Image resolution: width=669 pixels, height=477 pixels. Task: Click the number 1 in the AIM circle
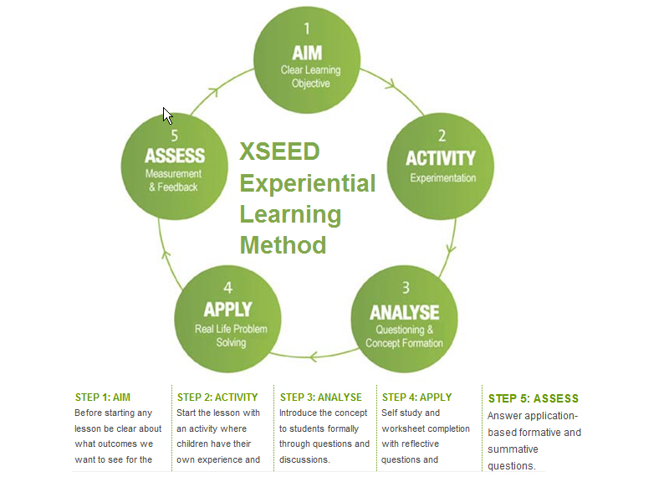[x=307, y=28]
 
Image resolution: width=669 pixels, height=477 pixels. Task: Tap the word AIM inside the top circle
[x=307, y=54]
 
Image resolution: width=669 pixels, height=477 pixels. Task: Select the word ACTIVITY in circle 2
[x=441, y=158]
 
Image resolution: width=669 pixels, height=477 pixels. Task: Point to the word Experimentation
[x=443, y=178]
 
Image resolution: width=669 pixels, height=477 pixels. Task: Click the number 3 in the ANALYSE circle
[x=406, y=288]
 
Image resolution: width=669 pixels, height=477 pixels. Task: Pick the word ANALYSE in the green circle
[x=405, y=312]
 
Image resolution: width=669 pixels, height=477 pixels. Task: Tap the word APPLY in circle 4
[x=227, y=310]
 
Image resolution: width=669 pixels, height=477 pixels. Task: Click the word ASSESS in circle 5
[x=175, y=156]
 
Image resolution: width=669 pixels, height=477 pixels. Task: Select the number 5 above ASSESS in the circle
[x=175, y=136]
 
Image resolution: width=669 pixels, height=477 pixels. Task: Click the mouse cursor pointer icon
[x=167, y=115]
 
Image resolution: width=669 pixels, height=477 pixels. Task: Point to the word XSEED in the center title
[x=279, y=151]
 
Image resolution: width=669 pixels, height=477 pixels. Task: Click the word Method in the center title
[x=283, y=244]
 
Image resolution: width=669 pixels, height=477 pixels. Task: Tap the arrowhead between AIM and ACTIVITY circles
[x=391, y=85]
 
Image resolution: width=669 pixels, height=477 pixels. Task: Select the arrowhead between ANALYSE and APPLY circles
[x=314, y=356]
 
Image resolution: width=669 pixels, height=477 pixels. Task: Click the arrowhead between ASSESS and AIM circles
[x=214, y=91]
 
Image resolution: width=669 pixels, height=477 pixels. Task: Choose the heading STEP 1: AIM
[x=103, y=397]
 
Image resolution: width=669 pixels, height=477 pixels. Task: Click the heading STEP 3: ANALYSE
[x=321, y=397]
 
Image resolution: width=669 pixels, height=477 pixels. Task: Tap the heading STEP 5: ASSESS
[x=534, y=398]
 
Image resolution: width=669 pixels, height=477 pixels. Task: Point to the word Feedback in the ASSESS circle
[x=177, y=187]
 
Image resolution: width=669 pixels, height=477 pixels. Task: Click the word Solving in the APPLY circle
[x=231, y=342]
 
